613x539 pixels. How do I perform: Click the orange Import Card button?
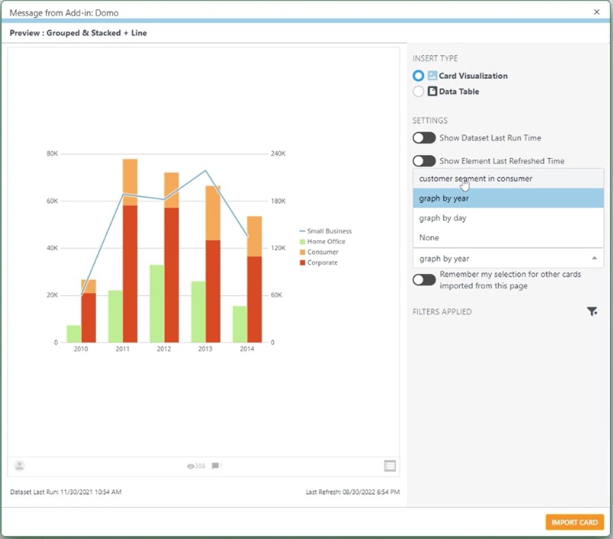pyautogui.click(x=575, y=522)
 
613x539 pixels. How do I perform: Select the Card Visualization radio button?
pyautogui.click(x=418, y=76)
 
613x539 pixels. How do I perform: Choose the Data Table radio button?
pyautogui.click(x=418, y=91)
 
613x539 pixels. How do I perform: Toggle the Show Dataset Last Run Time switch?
pyautogui.click(x=424, y=138)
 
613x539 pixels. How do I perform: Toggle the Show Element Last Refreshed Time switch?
pyautogui.click(x=424, y=161)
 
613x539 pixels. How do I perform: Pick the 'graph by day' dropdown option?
pyautogui.click(x=443, y=218)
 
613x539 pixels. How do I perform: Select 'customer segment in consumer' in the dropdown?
pyautogui.click(x=475, y=179)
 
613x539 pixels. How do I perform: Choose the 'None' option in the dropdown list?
pyautogui.click(x=429, y=238)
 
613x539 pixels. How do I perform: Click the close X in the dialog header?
pyautogui.click(x=597, y=12)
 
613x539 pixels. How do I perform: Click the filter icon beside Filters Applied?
pyautogui.click(x=592, y=311)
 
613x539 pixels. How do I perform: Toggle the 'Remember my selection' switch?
pyautogui.click(x=424, y=280)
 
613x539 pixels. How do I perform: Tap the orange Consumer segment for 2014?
pyautogui.click(x=254, y=236)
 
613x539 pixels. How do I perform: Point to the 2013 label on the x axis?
pyautogui.click(x=205, y=349)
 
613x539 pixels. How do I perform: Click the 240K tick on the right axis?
pyautogui.click(x=278, y=154)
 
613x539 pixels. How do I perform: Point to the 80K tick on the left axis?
pyautogui.click(x=52, y=154)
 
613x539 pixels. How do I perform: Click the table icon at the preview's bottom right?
pyautogui.click(x=389, y=466)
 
